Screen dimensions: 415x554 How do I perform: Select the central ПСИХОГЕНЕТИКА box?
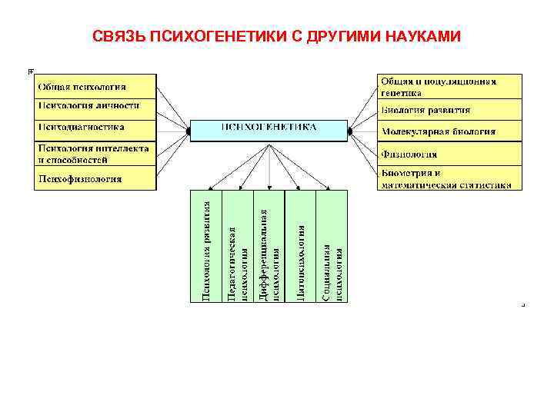pos(269,130)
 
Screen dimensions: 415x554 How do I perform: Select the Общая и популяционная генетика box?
pos(449,86)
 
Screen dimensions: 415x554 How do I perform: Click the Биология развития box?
pos(449,110)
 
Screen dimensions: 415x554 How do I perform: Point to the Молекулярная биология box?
pos(449,131)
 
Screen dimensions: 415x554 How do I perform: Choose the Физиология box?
pos(449,153)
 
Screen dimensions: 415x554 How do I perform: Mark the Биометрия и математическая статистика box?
pos(449,179)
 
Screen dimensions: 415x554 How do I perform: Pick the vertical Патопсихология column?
pos(301,246)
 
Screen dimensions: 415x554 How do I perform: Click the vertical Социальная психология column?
pos(332,246)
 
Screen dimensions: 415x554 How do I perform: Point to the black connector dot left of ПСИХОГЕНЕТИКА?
pos(187,131)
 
